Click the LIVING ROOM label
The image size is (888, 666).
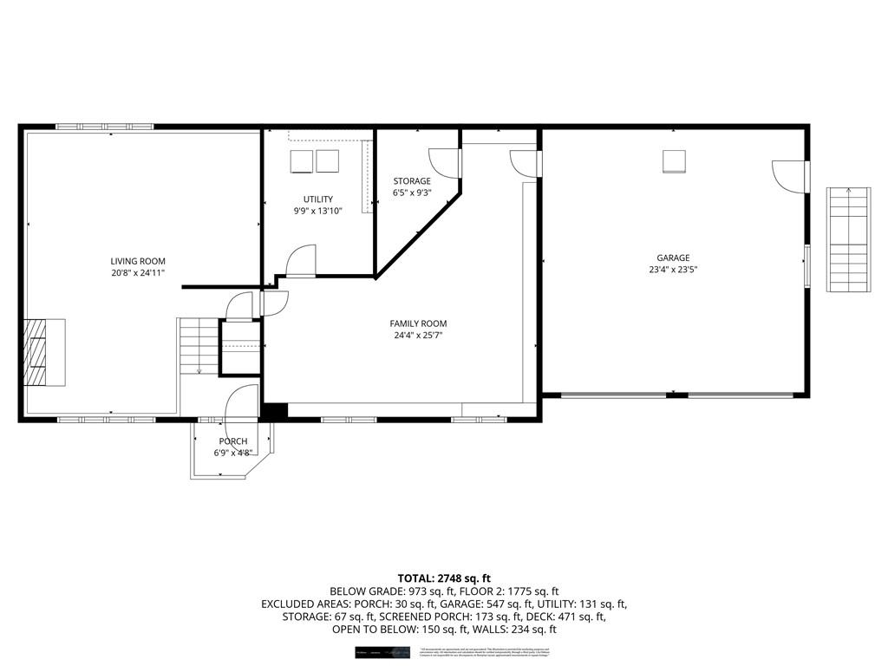(x=137, y=261)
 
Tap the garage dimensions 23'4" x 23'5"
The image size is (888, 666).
(x=672, y=270)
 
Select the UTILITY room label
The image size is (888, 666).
(x=317, y=199)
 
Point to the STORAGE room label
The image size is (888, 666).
(x=411, y=181)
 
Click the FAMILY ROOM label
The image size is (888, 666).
(x=418, y=323)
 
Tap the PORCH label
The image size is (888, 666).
(x=232, y=441)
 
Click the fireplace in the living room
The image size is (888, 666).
(x=44, y=352)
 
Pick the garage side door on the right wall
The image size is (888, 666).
(x=791, y=176)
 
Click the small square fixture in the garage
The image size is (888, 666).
(x=674, y=161)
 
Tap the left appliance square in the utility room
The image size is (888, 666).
(x=301, y=161)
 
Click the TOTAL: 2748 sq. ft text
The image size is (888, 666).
(x=444, y=578)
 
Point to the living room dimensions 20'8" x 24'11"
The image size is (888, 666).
(x=137, y=273)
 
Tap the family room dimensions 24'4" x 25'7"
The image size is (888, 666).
(x=418, y=336)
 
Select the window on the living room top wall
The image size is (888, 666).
(x=105, y=127)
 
